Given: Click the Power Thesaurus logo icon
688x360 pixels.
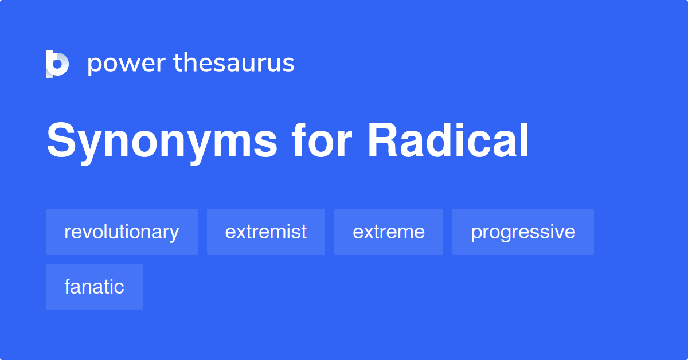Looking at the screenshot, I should click(x=57, y=64).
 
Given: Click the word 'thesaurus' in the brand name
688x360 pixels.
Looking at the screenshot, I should click(x=234, y=63).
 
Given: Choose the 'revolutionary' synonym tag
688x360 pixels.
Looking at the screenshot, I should click(x=122, y=232).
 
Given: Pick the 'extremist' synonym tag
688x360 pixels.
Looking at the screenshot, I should click(x=266, y=232).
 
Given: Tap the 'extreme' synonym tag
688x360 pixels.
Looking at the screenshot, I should click(x=389, y=232).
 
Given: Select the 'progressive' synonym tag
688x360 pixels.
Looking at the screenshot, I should click(x=523, y=232).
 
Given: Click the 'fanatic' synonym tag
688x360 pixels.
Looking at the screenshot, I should click(x=94, y=287).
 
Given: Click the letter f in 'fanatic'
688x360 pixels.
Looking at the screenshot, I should click(x=68, y=286).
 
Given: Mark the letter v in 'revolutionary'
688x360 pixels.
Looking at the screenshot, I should click(x=85, y=232).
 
